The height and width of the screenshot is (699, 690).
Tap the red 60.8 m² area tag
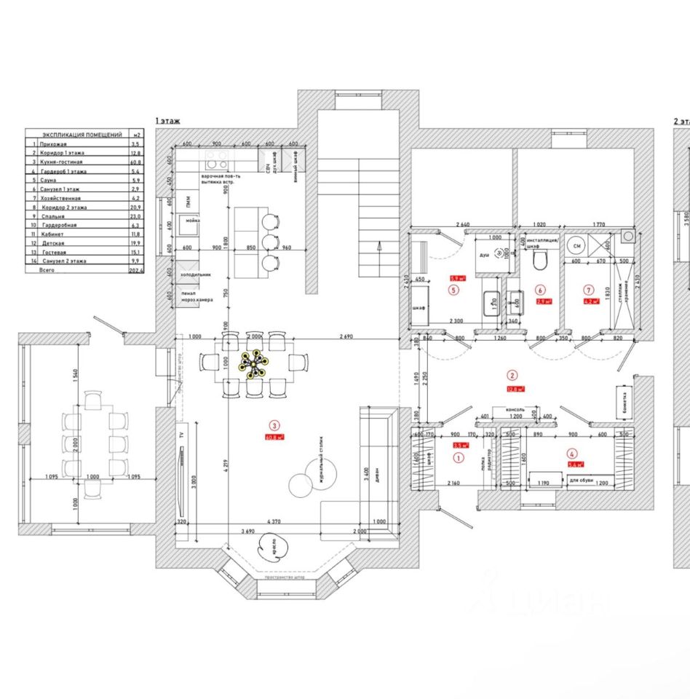coord(275,438)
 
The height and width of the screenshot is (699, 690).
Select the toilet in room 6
coord(539,260)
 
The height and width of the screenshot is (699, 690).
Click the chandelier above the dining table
coord(255,363)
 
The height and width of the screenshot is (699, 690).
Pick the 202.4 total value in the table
coord(136,269)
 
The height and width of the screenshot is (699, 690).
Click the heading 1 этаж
coord(167,121)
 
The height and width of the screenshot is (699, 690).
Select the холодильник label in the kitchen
coord(196,275)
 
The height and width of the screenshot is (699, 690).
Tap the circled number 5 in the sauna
coord(454,290)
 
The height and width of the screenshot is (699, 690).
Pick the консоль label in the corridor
coord(515,410)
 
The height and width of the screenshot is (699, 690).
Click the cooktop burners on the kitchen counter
coord(215,159)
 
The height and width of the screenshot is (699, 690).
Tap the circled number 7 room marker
coord(589,290)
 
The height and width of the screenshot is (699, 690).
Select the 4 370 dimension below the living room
coord(274,521)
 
